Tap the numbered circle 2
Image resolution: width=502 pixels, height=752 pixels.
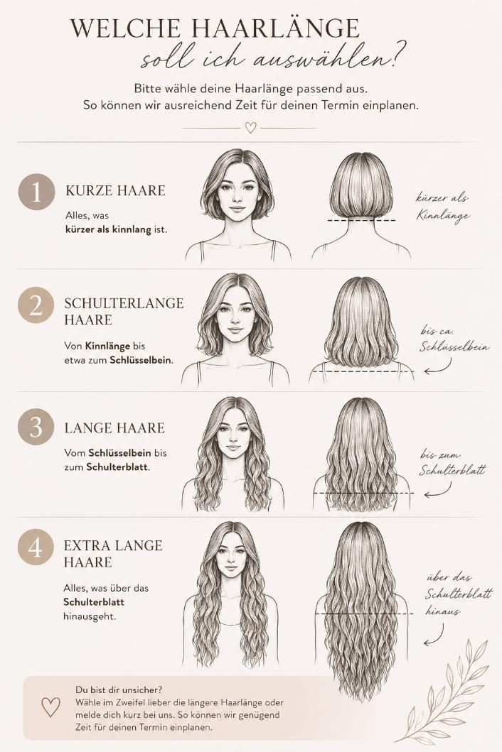coord(36,305)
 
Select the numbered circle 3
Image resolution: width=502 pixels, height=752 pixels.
coord(36,427)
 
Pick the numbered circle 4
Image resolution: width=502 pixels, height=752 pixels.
coord(36,547)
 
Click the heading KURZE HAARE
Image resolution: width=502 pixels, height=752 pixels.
coord(115,190)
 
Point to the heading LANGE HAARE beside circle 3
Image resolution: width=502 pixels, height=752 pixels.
coord(114,427)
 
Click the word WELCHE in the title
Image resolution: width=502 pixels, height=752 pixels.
coord(127,29)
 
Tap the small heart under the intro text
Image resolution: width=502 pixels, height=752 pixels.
coord(251,128)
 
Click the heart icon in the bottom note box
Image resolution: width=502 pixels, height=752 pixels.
coord(50,707)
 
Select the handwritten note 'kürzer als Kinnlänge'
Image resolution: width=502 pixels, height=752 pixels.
coord(442,207)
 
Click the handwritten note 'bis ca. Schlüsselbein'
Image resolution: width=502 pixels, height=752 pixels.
coord(454,339)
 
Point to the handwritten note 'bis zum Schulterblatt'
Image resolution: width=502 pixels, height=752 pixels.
coord(452,463)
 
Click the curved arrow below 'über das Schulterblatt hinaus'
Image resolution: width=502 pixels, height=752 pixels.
coord(434,637)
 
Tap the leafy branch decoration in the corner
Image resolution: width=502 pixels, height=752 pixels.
coord(447,691)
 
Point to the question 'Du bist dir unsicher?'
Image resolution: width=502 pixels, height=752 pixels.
coord(119,690)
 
